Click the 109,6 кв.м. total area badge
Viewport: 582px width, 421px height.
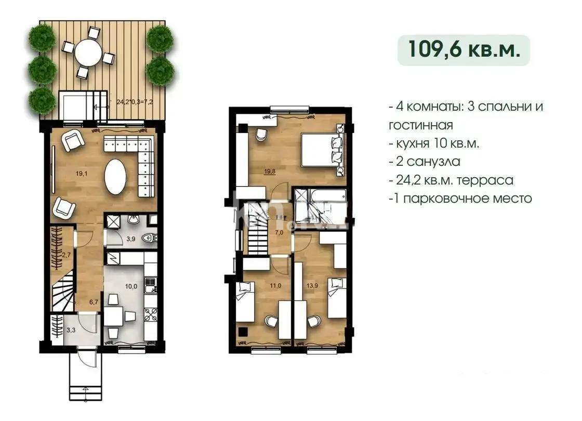point(464,50)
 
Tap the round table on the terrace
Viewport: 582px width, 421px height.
point(88,52)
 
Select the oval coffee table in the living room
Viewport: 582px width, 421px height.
point(115,176)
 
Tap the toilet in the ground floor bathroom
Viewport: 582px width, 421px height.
point(149,238)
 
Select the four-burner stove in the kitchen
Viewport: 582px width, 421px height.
point(150,315)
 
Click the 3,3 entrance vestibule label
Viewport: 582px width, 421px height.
point(71,329)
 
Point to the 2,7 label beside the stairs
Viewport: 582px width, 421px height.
point(65,255)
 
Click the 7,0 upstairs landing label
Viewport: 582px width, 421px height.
point(279,232)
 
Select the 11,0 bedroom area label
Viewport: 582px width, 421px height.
point(274,285)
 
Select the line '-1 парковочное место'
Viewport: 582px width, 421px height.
point(460,198)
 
